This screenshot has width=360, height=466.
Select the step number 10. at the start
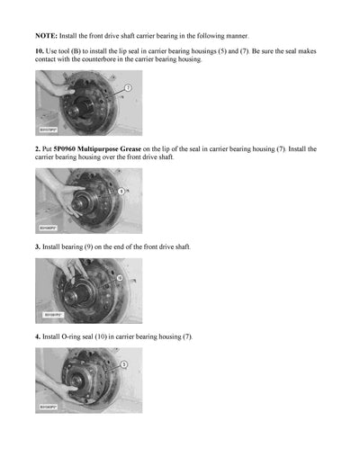(40, 51)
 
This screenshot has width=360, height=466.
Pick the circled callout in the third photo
(121, 279)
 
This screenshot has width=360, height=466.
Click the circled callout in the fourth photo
(123, 364)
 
